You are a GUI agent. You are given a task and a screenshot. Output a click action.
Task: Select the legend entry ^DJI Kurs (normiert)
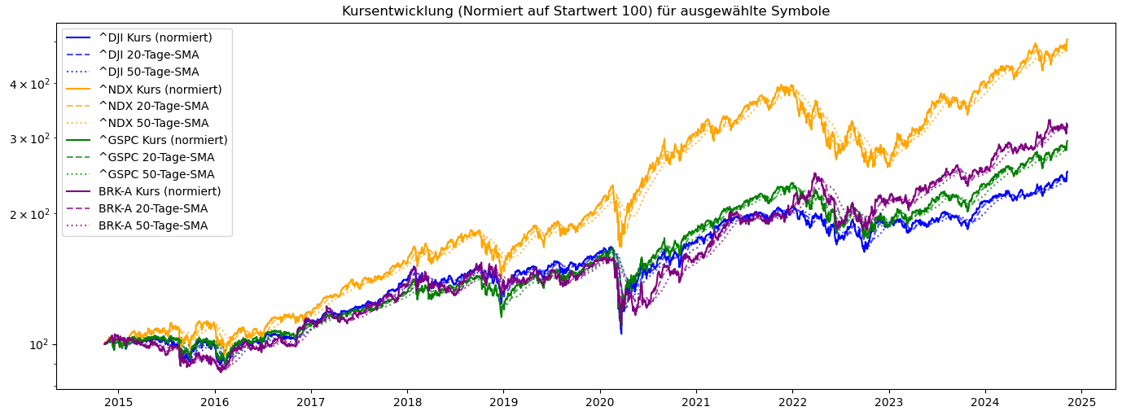[x=155, y=37]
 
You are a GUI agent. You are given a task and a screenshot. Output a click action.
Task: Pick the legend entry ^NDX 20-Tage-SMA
[x=153, y=106]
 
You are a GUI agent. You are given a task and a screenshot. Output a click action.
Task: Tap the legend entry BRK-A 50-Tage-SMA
[x=153, y=225]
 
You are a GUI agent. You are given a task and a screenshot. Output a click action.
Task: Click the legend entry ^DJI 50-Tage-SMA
[x=148, y=72]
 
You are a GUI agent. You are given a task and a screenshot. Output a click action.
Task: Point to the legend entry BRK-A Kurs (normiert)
[x=160, y=191]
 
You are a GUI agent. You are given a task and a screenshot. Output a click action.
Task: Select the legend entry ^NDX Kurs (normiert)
[x=160, y=89]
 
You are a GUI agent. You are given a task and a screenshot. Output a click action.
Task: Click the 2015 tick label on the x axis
[x=118, y=402]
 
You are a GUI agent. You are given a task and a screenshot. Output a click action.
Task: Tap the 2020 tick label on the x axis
[x=600, y=402]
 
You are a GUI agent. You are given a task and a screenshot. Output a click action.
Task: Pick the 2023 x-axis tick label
[x=889, y=402]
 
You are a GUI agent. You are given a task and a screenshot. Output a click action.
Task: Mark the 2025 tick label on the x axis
[x=1082, y=402]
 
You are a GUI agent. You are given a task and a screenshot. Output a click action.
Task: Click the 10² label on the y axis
[x=39, y=344]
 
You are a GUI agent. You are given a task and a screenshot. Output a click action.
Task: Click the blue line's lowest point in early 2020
[x=621, y=334]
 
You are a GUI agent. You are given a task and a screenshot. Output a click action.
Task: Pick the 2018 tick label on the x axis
[x=407, y=402]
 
